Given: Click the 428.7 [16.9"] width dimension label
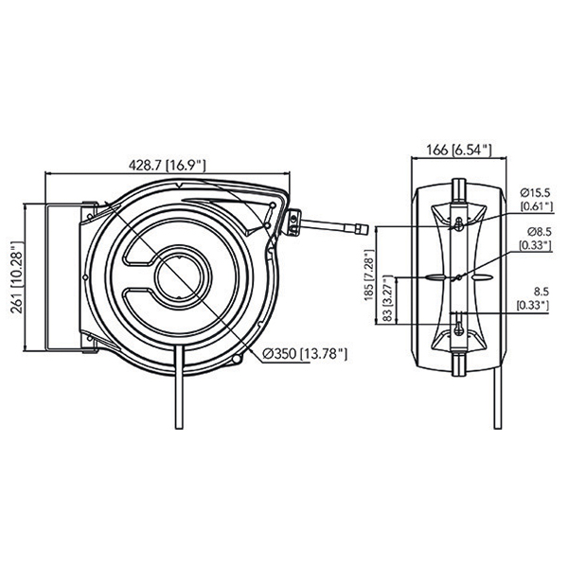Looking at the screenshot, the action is tap(168, 165).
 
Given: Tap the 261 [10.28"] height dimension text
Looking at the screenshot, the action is tap(17, 276).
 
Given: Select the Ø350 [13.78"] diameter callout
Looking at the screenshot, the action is tap(305, 354).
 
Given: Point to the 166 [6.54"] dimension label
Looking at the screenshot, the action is tap(458, 150).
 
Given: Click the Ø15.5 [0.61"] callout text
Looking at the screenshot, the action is tap(537, 200).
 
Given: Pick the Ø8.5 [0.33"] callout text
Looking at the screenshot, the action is tap(536, 239).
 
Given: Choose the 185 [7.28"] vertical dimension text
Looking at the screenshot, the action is tap(369, 275).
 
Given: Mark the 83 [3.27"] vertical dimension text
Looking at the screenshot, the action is tap(387, 299).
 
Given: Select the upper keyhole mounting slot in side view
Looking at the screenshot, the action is tap(458, 223).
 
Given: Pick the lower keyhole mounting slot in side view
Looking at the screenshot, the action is tap(458, 328).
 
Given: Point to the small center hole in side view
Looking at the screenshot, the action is tap(458, 277).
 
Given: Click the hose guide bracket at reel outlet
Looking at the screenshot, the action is tap(293, 222).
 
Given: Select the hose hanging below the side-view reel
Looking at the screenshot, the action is tap(498, 399).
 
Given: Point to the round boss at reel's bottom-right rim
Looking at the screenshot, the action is tap(237, 359).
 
